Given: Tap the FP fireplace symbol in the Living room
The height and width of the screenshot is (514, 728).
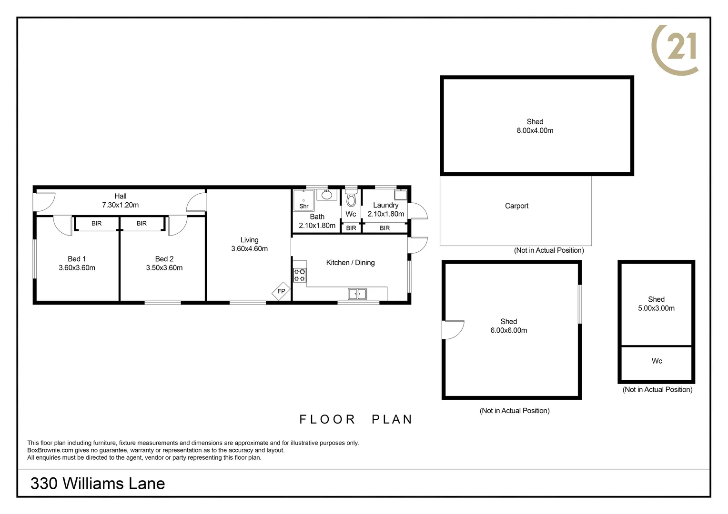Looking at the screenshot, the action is (281, 291).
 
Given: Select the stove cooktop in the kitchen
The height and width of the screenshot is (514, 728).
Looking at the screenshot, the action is (300, 275).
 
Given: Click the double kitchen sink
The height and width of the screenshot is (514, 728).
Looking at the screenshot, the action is (357, 294).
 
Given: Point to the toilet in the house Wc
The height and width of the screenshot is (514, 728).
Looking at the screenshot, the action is (351, 198).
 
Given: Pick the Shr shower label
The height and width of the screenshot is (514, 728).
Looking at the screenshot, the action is (304, 206).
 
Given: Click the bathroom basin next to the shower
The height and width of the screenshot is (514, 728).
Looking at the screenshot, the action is (327, 195).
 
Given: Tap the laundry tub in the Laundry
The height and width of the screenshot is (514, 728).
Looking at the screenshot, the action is (400, 195).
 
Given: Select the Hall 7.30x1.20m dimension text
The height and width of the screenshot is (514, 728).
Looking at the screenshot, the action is (120, 205).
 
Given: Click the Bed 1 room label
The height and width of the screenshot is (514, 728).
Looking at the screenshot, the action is (77, 259).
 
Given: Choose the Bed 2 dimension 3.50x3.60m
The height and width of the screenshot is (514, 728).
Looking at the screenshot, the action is (164, 268).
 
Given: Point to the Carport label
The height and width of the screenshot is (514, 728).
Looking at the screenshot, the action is (516, 206).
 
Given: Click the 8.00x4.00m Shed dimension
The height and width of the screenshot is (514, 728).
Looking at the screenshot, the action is (535, 130).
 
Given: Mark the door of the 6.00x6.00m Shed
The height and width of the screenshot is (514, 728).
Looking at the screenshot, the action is (453, 330).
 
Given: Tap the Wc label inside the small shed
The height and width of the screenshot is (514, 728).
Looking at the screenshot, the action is (657, 361).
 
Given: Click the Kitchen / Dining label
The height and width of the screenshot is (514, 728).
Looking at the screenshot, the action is (350, 262).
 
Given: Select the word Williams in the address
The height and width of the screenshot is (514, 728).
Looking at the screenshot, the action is (92, 484).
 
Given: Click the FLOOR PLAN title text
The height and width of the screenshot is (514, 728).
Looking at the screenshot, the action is (355, 419).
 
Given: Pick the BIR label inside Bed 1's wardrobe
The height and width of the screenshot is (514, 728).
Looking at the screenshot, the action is (97, 223).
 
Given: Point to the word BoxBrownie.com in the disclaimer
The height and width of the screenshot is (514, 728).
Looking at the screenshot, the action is (50, 450).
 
